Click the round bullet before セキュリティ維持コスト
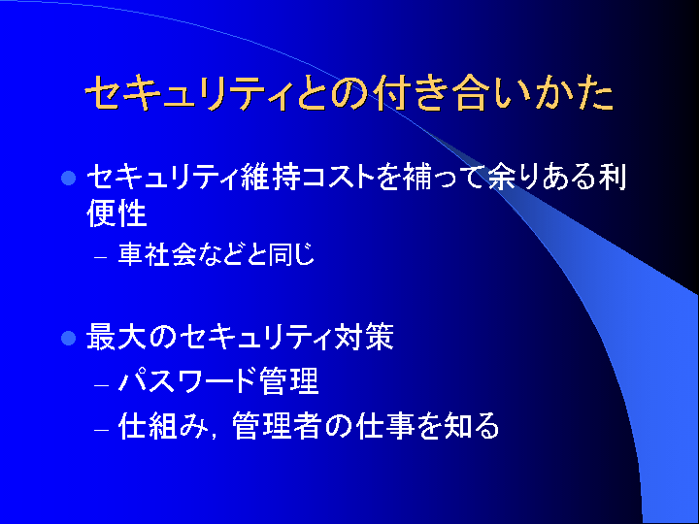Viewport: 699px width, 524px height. (x=68, y=179)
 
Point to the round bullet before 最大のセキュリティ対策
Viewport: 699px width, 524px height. (x=68, y=338)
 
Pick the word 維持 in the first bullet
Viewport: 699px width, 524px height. (x=269, y=177)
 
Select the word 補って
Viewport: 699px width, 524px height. (x=443, y=177)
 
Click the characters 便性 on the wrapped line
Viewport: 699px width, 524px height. (x=116, y=213)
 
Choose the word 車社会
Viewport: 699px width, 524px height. (x=157, y=254)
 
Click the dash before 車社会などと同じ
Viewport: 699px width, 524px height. (x=101, y=257)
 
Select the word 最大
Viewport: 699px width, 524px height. (x=116, y=337)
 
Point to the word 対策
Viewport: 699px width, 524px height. (x=365, y=337)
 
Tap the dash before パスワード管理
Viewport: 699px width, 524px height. (x=102, y=384)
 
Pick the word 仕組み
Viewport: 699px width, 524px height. (x=163, y=426)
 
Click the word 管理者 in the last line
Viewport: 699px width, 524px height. (x=277, y=426)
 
